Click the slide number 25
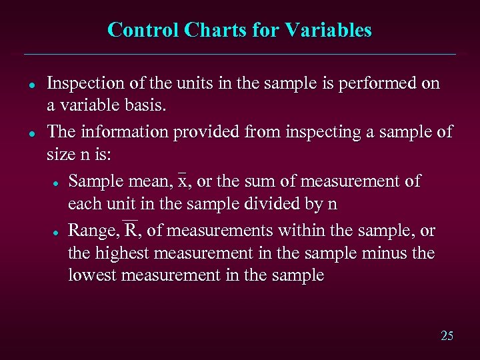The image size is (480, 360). pyautogui.click(x=447, y=335)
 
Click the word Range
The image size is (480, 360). pyautogui.click(x=94, y=231)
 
